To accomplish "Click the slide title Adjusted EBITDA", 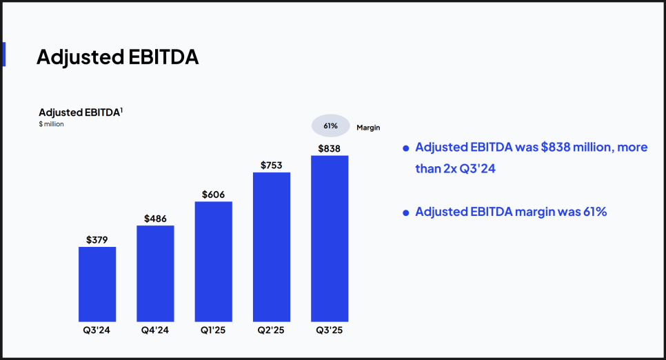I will [x=117, y=57].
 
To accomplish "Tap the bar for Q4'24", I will [x=155, y=273].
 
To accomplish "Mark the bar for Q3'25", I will [x=330, y=239].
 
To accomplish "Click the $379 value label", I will [x=97, y=240].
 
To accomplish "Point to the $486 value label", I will [x=155, y=219].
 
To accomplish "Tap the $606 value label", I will [x=214, y=194].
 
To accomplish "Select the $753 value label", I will [x=272, y=166].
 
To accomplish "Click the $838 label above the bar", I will [x=330, y=148].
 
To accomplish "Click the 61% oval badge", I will [x=330, y=126].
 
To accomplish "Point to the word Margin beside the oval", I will [x=368, y=128].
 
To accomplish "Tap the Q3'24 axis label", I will [x=97, y=330].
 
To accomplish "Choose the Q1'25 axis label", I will [x=214, y=330].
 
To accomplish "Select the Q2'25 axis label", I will [x=272, y=330].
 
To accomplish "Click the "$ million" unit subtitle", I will [x=52, y=124].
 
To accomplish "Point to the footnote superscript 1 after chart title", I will [x=121, y=109].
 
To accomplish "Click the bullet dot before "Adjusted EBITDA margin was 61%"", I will [x=406, y=212].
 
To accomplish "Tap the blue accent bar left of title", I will [x=3, y=54].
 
